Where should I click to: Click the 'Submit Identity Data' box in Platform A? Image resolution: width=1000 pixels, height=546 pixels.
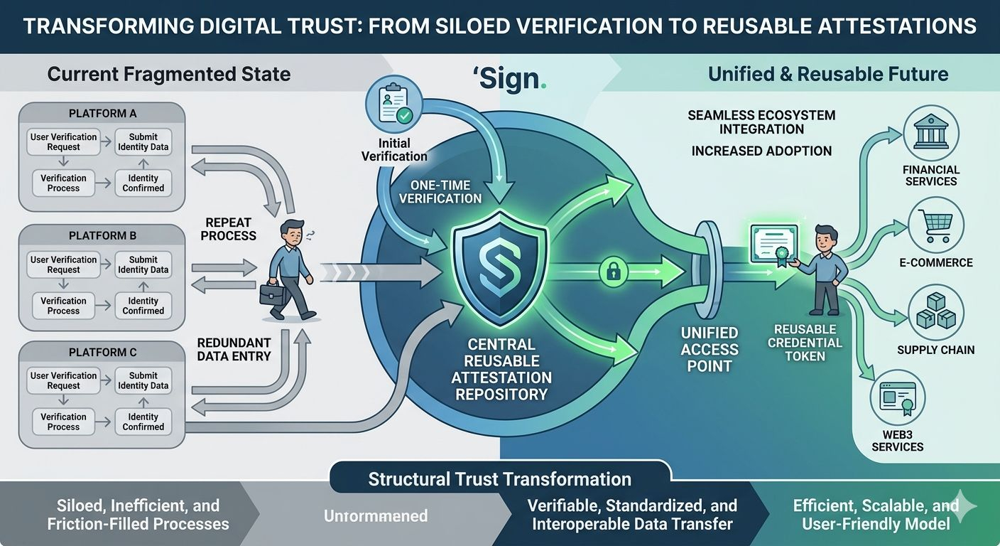[143, 142]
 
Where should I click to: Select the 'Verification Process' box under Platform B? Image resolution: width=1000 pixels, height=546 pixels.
[63, 306]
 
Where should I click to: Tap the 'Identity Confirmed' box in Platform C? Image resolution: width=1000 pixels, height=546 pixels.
[143, 422]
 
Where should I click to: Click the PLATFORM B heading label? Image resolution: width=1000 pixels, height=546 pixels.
[103, 235]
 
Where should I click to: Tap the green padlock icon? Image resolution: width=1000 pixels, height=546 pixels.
[612, 270]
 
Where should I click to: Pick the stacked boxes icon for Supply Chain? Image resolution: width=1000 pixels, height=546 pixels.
[935, 313]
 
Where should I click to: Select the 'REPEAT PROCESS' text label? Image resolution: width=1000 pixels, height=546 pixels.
[229, 228]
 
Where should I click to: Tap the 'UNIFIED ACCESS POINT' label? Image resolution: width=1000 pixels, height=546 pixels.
[710, 349]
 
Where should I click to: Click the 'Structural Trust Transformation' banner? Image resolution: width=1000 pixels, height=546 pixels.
[500, 478]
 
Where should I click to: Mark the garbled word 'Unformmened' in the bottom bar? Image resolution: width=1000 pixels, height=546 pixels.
[376, 516]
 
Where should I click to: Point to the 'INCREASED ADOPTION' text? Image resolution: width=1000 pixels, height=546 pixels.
[761, 151]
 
